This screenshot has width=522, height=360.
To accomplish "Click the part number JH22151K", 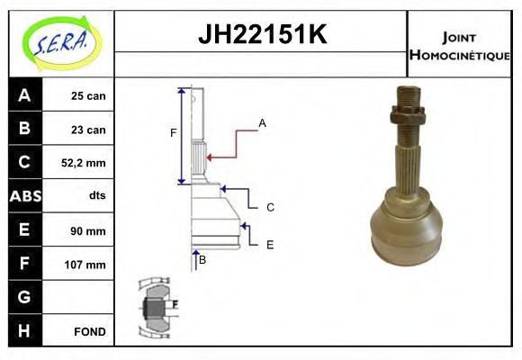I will click(x=261, y=35).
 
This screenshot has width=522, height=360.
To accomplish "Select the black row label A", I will click(x=24, y=95).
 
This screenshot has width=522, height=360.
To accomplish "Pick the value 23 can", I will click(x=88, y=130).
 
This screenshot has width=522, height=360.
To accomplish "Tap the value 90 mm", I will click(x=88, y=230).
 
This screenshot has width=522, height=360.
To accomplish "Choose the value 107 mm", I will click(x=86, y=265).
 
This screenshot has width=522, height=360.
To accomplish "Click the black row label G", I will click(x=24, y=297).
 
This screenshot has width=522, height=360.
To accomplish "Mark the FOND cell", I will click(x=90, y=331).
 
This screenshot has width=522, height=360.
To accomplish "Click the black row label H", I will click(x=24, y=331).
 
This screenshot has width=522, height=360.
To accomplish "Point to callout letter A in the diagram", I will click(x=262, y=122).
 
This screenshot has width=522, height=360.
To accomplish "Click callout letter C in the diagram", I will click(x=270, y=207).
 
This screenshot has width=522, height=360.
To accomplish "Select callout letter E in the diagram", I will click(x=270, y=244).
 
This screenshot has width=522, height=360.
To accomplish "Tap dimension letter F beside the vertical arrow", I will click(x=174, y=133).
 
